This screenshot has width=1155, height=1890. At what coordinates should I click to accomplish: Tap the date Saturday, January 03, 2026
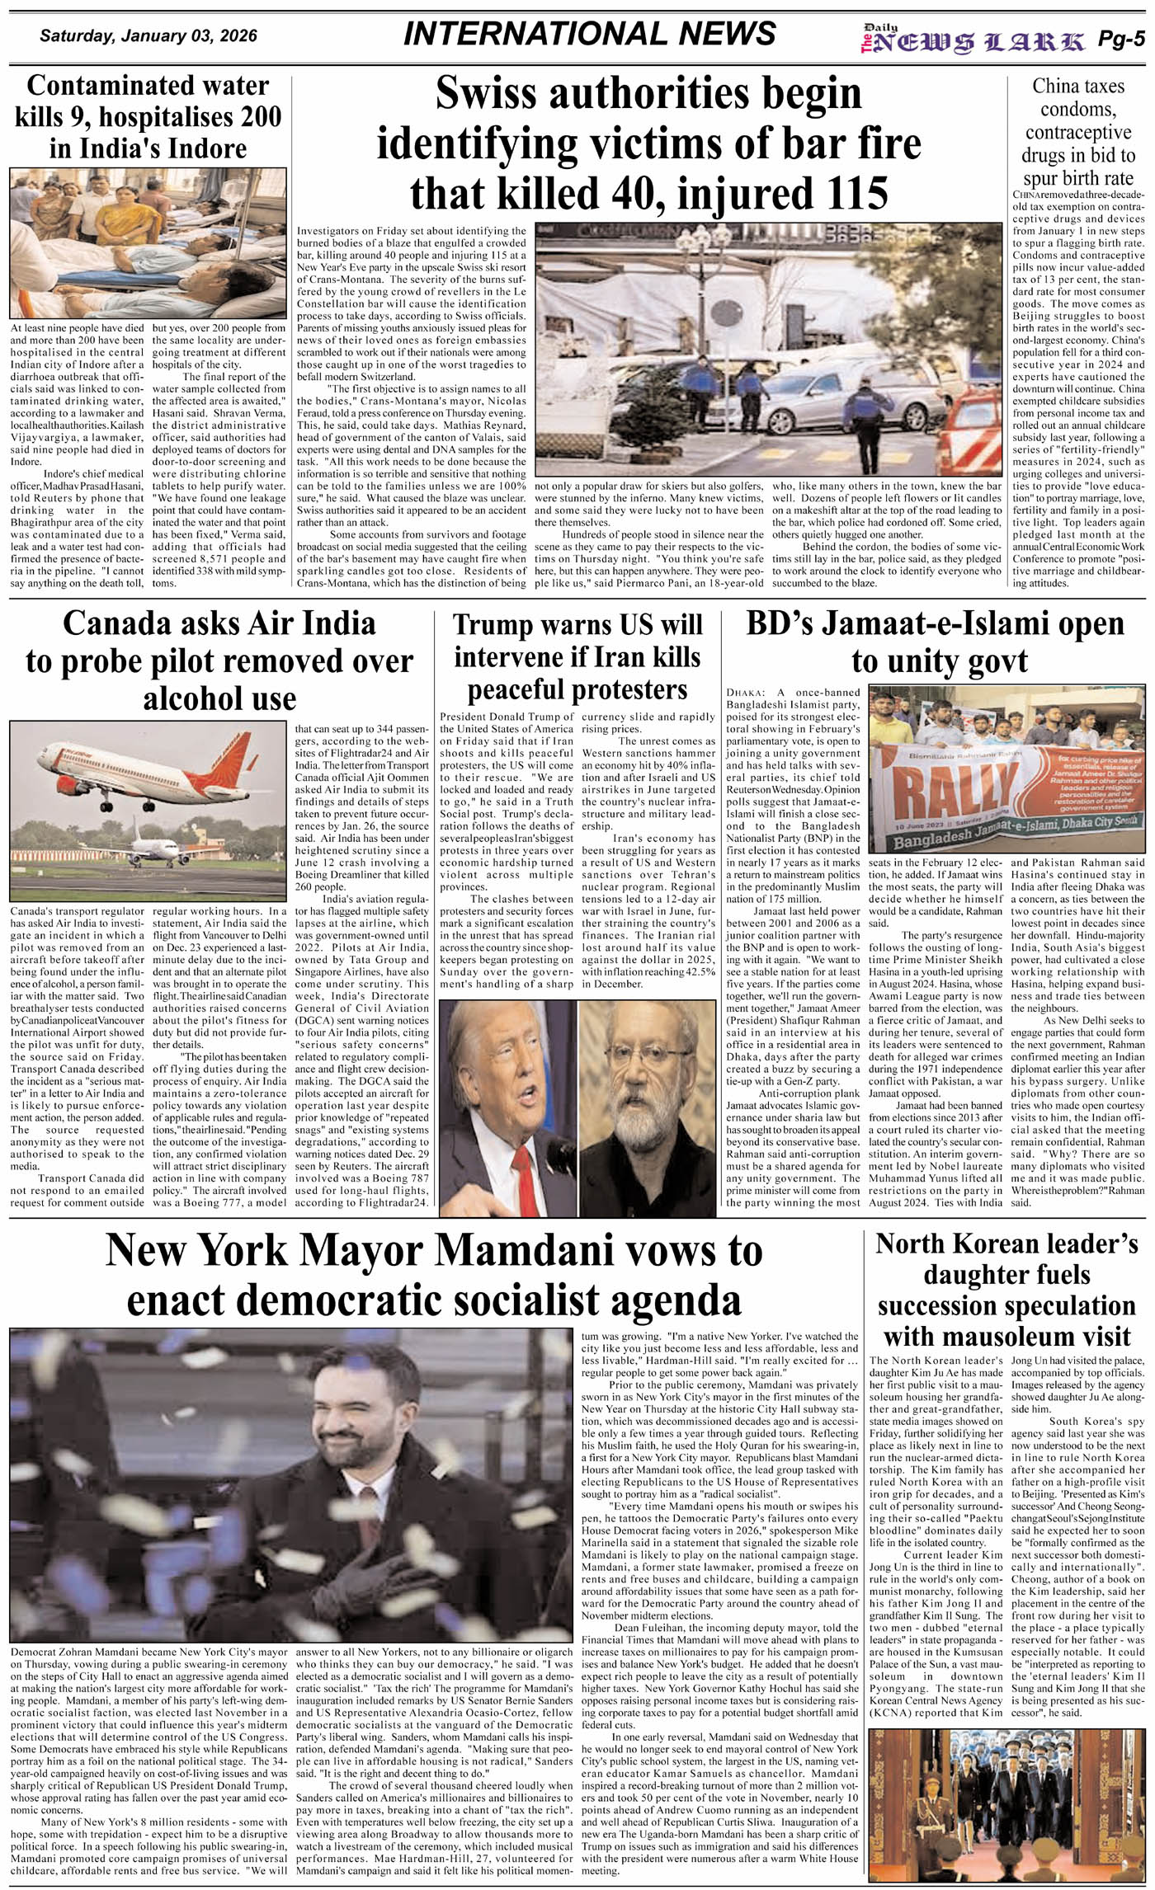tap(148, 36)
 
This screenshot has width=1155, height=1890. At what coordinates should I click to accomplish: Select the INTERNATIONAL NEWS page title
tap(590, 34)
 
